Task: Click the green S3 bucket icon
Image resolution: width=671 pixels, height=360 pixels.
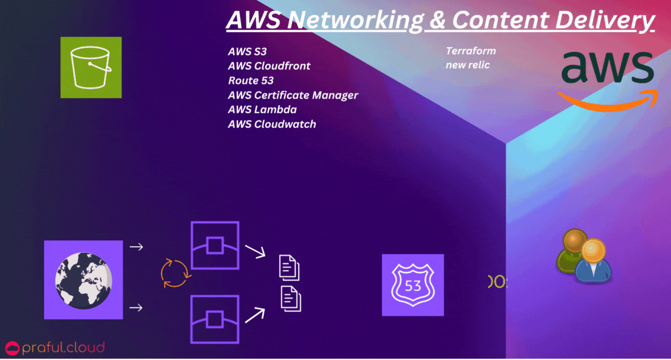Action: point(91,67)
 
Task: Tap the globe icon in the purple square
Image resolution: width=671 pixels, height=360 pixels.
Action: point(83,280)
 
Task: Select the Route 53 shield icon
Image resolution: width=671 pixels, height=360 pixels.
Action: point(413,285)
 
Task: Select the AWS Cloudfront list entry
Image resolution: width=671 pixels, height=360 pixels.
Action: point(269,66)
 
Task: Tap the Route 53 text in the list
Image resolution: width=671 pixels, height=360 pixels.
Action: point(251,80)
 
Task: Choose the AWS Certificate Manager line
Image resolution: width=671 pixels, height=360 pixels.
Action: point(292,95)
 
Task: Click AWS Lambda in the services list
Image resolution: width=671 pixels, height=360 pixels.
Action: point(262,110)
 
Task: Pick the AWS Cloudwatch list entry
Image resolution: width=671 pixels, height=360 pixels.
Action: point(272,124)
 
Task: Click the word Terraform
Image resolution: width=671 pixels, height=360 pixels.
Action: point(470,51)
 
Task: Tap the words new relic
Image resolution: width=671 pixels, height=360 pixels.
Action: point(467,65)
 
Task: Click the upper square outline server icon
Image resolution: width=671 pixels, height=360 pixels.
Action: point(215,245)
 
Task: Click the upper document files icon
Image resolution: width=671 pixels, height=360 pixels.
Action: point(289,267)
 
